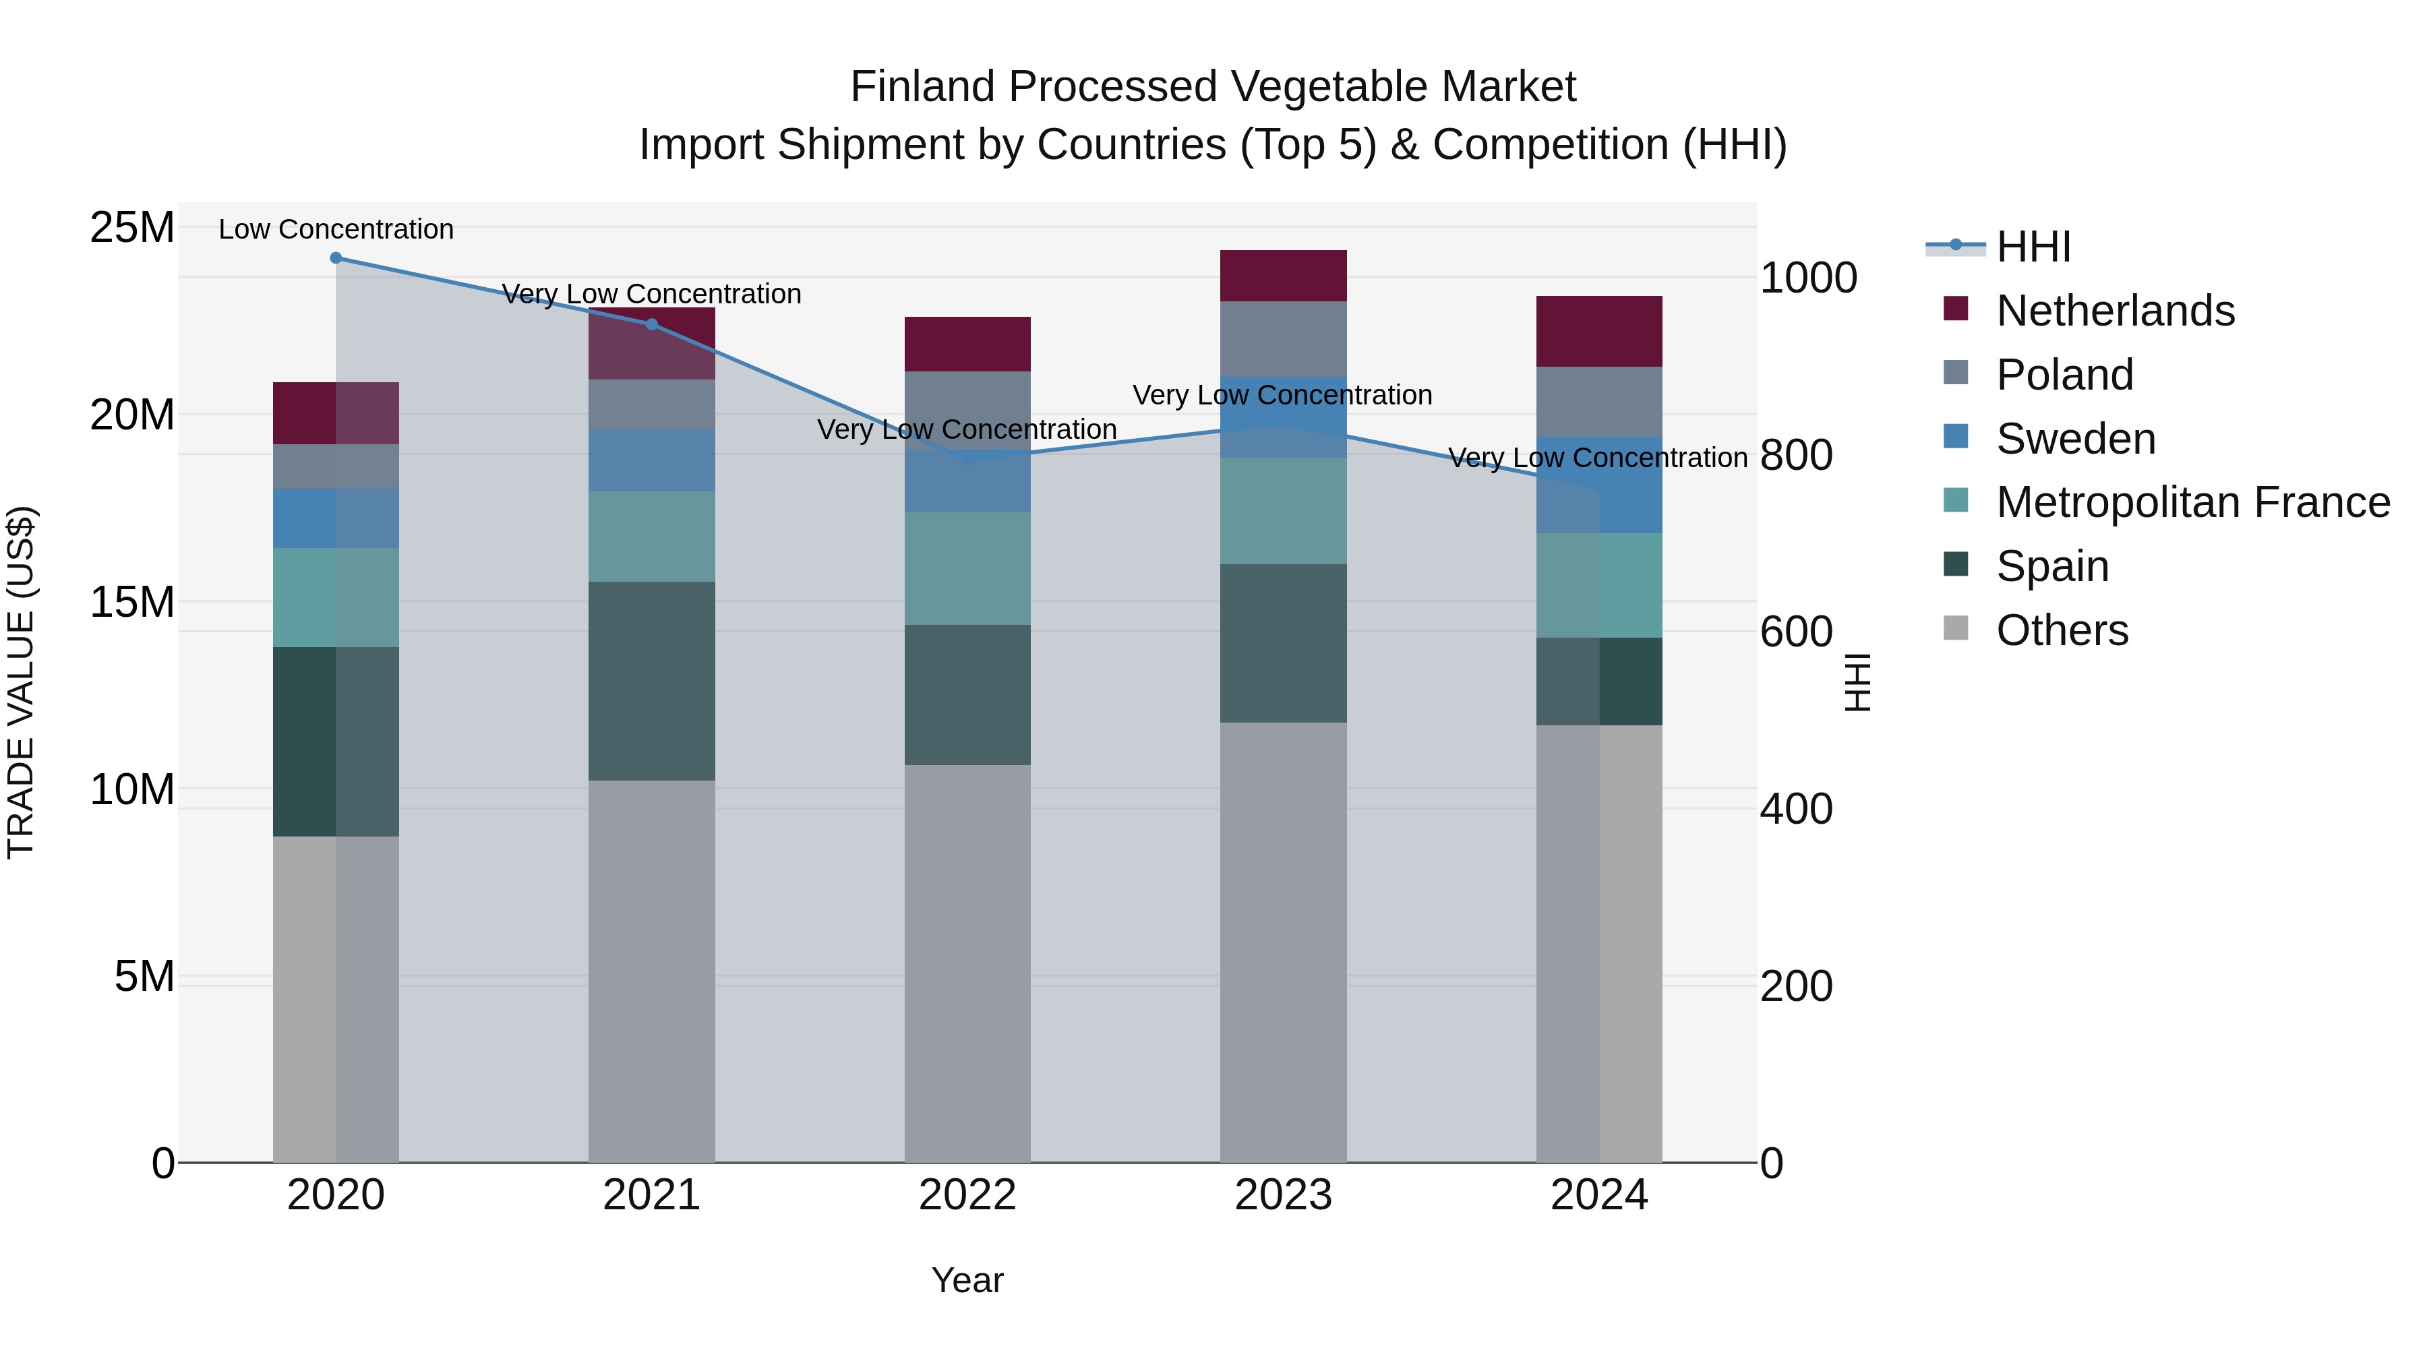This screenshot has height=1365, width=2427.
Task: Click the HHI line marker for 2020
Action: [x=336, y=258]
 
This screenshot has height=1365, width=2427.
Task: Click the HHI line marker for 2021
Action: [x=651, y=324]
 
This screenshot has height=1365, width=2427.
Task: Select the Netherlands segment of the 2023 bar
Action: [x=1283, y=276]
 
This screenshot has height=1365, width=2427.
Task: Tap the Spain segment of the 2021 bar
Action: [x=651, y=680]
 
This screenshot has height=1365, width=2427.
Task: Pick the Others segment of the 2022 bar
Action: [x=967, y=963]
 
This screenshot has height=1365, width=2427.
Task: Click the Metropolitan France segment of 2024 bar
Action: [x=1599, y=585]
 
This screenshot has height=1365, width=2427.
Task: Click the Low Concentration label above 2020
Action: [x=336, y=229]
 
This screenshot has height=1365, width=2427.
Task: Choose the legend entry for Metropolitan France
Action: [x=2192, y=502]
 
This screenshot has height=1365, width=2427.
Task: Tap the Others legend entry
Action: [x=2062, y=630]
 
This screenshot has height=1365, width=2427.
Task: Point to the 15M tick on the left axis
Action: [x=132, y=602]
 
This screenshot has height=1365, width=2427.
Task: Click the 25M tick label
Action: [x=132, y=227]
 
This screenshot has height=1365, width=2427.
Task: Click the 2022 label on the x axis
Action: [x=967, y=1195]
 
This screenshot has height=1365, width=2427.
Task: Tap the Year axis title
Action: [x=967, y=1280]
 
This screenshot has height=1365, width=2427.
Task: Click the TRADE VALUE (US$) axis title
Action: [x=21, y=682]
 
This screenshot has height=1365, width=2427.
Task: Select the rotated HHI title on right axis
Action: [x=1857, y=682]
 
